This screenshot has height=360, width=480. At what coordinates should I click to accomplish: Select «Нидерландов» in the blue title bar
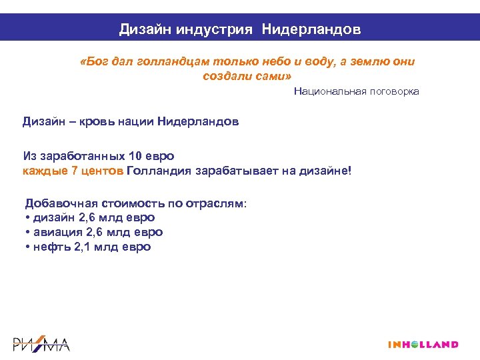pyautogui.click(x=311, y=29)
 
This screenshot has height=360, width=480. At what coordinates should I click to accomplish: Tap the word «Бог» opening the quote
pyautogui.click(x=92, y=62)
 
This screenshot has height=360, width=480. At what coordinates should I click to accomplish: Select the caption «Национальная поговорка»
pyautogui.click(x=356, y=91)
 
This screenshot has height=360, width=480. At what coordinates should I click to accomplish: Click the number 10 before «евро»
pyautogui.click(x=135, y=156)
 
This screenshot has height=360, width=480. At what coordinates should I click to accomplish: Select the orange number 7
pyautogui.click(x=74, y=171)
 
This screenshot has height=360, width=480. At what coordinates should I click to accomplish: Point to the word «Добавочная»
pyautogui.click(x=60, y=203)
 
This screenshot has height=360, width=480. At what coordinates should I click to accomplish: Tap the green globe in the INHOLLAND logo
pyautogui.click(x=415, y=344)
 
